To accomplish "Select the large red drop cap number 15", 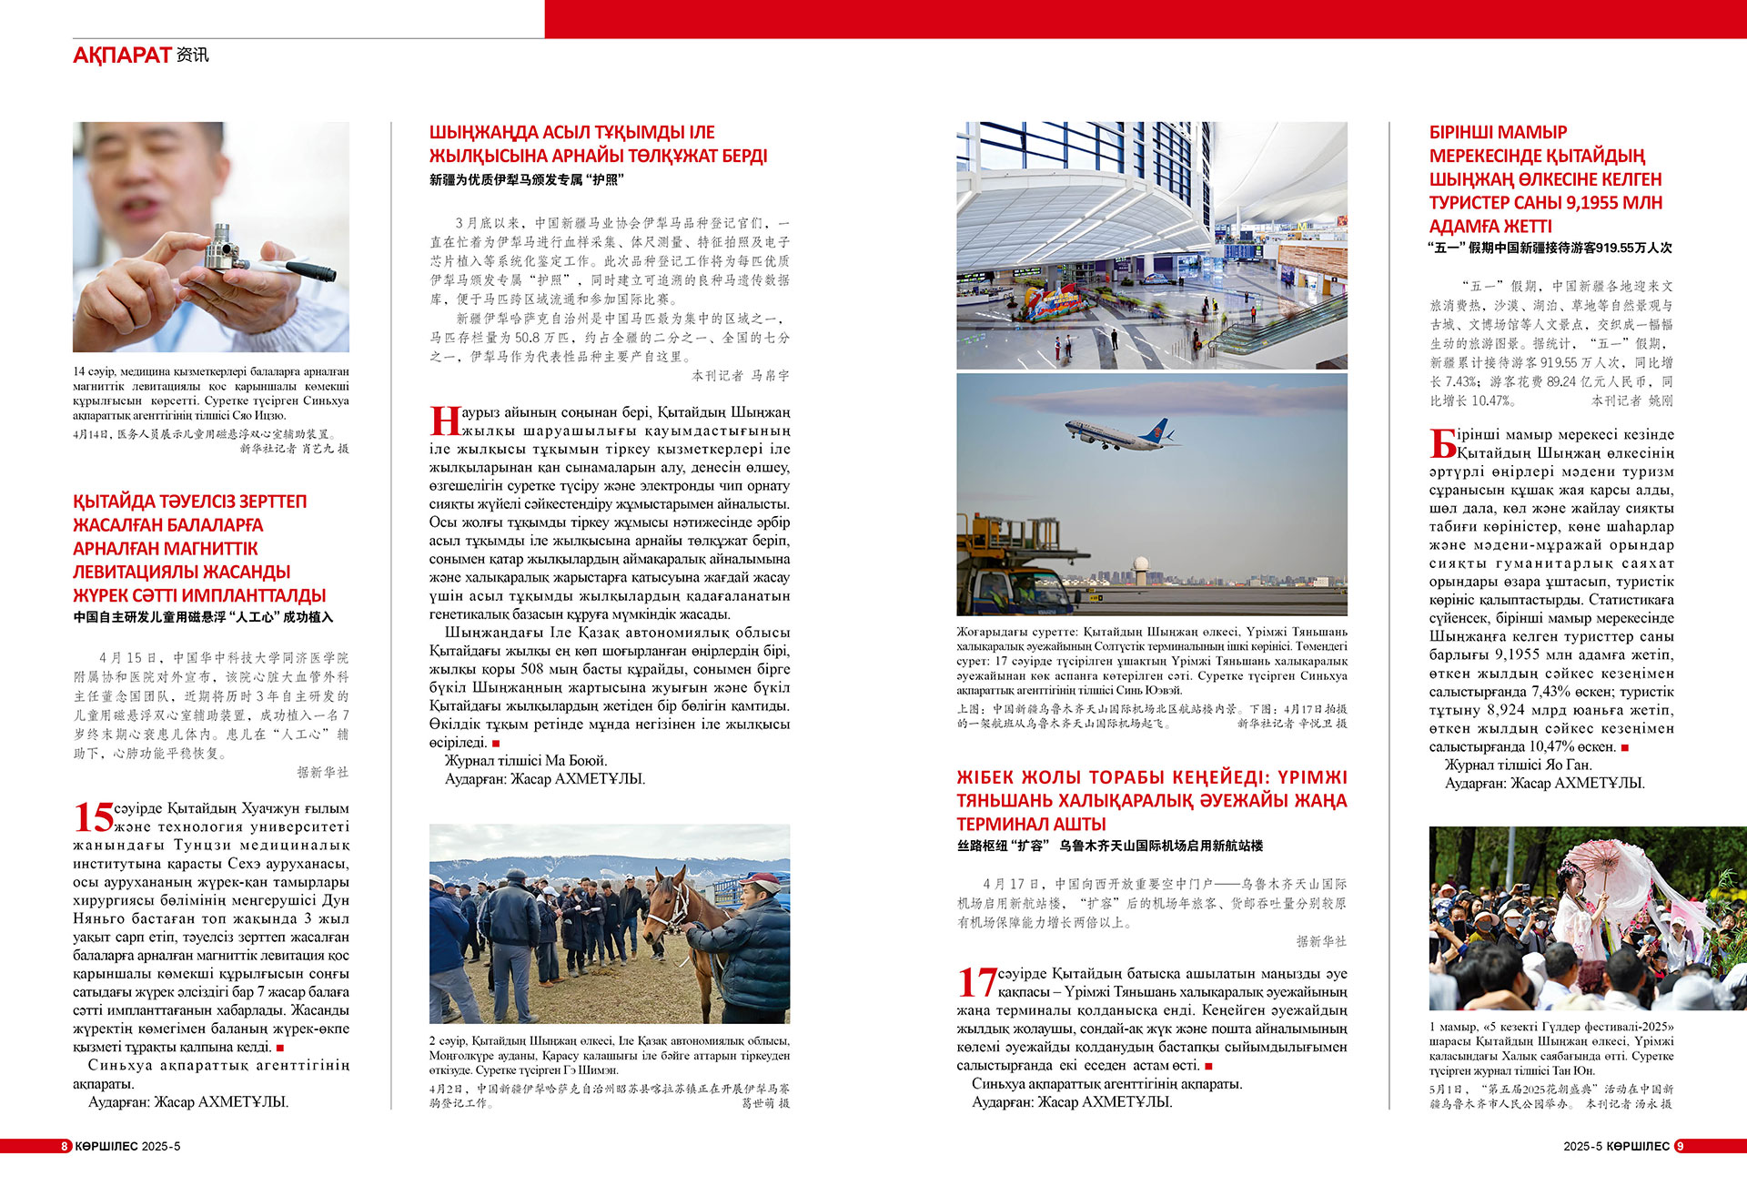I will point(94,817).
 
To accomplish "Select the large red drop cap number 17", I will point(976,983).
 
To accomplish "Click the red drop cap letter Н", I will point(444,421).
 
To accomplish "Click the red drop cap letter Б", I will point(1443,443).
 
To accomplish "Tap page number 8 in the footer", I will point(65,1146).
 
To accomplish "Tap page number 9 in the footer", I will point(1680,1146).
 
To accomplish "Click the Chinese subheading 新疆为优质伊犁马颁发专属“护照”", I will point(526,180).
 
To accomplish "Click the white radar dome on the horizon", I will point(1141,565).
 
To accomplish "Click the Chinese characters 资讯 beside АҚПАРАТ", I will point(193,56).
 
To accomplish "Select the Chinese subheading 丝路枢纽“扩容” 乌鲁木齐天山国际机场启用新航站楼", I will point(1109,846).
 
